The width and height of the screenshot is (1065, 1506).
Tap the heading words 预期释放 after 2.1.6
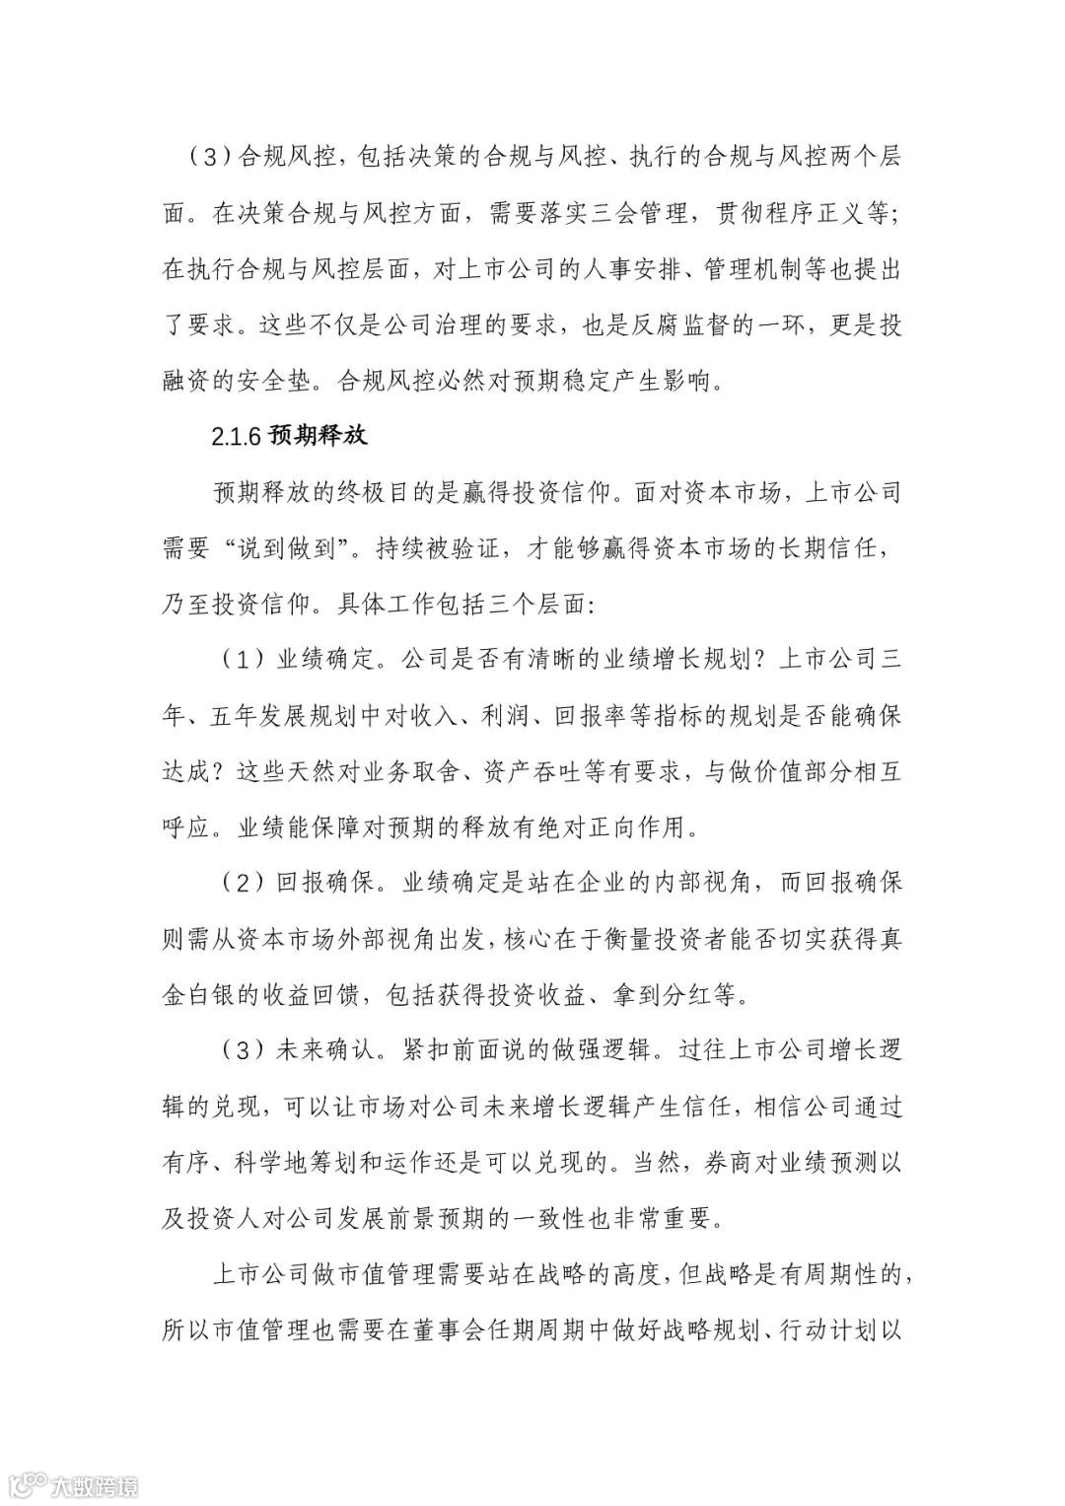[317, 436]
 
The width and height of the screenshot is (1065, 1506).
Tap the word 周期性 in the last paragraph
[851, 1273]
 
